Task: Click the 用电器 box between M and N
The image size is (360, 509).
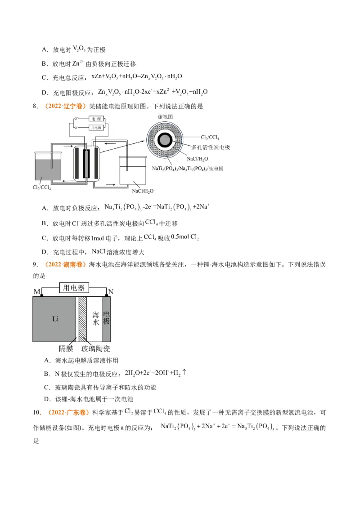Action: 74,288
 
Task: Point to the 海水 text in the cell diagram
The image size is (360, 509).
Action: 95,318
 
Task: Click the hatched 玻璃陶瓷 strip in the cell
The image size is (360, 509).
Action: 82,319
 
